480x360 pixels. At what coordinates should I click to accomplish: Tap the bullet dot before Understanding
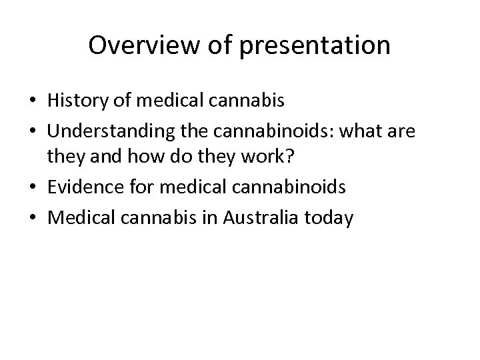click(31, 133)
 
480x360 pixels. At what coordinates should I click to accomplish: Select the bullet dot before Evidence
click(31, 189)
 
